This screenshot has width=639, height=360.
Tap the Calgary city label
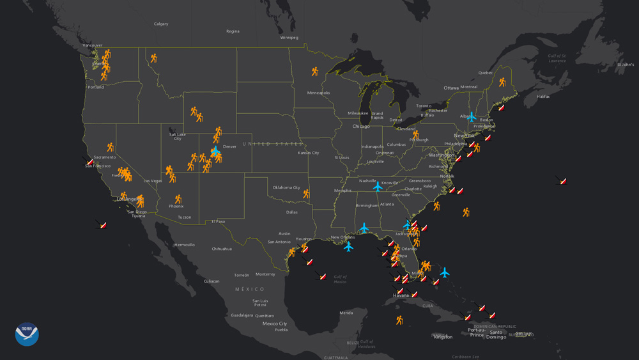[161, 24]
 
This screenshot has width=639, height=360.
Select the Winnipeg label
[289, 38]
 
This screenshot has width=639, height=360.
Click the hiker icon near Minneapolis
[315, 72]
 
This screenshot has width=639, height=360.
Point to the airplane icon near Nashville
[378, 187]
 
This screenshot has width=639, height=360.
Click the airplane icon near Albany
[472, 117]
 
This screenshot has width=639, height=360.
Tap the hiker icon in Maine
[502, 82]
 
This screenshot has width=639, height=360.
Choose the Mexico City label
[275, 324]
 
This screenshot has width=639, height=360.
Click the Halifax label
[543, 97]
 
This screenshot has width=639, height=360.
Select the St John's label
[626, 65]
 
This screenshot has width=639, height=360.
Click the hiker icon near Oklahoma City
[306, 194]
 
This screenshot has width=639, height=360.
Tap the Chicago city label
[361, 126]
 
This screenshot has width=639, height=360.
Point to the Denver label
[229, 146]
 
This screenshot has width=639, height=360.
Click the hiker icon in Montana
[154, 58]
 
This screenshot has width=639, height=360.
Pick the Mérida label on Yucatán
[346, 313]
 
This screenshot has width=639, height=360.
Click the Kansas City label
[308, 153]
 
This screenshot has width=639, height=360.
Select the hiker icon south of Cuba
[399, 320]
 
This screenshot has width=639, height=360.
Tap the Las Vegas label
[153, 181]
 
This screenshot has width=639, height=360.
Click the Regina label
[233, 31]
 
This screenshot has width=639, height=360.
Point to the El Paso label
[219, 221]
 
